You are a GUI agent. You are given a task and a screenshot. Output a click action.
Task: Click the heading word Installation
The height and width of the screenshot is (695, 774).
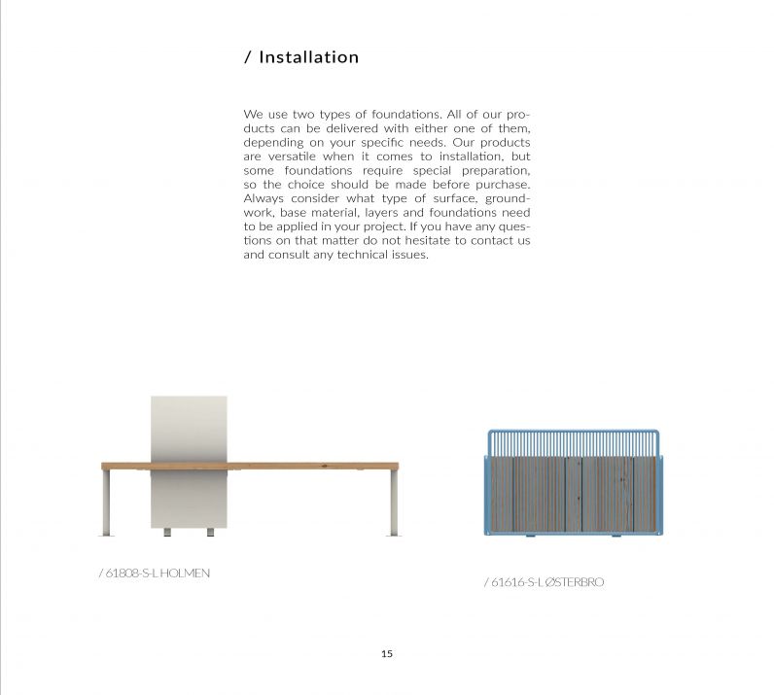pos(308,57)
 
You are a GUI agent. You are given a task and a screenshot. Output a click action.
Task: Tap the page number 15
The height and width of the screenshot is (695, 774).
pos(387,654)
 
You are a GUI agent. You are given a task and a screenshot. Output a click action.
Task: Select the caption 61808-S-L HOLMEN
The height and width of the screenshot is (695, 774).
pos(155,573)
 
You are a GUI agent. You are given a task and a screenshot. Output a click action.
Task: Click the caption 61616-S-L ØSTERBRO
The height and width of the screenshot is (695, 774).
pos(544,582)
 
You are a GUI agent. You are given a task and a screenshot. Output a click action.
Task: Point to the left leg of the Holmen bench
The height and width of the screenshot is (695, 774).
pos(105,502)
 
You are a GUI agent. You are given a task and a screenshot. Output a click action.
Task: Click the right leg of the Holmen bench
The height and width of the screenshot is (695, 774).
pos(394,502)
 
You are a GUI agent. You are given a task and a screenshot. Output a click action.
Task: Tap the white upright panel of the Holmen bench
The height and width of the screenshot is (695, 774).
pos(190,428)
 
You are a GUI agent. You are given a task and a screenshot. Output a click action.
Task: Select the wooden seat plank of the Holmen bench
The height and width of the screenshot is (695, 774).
pos(292,466)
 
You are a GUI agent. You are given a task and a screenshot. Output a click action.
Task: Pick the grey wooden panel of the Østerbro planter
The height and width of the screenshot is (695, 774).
pos(573,495)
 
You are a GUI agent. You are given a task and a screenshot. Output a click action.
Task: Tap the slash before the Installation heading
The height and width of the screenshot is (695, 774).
pos(248,57)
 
